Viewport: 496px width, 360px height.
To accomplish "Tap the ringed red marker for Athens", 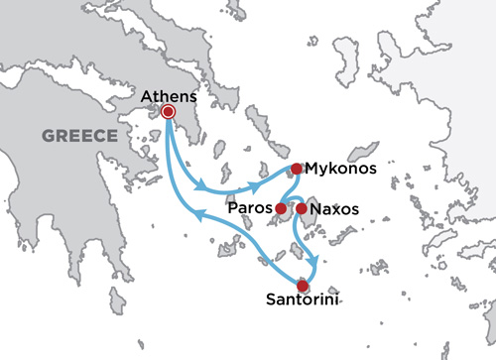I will pyautogui.click(x=168, y=113).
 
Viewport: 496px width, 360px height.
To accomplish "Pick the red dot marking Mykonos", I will pyautogui.click(x=296, y=169).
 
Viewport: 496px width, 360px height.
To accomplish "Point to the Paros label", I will pyautogui.click(x=252, y=209).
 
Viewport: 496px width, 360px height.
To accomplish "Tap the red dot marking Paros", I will pyautogui.click(x=281, y=209).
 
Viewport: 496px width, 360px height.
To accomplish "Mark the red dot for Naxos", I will pyautogui.click(x=301, y=209).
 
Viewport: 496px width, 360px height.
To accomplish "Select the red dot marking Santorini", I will pyautogui.click(x=303, y=286).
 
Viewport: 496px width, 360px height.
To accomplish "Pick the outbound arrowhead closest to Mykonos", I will pyautogui.click(x=261, y=185).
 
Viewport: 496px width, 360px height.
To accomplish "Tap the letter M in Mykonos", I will pyautogui.click(x=310, y=169).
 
